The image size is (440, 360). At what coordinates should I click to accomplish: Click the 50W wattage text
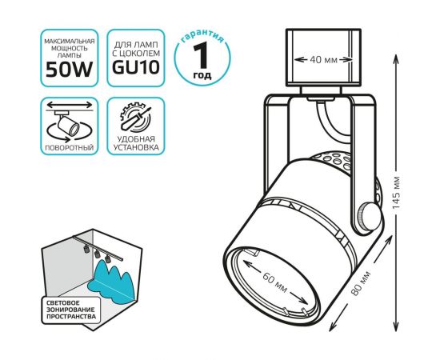(x=69, y=69)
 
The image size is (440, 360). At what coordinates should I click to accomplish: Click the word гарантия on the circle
(x=202, y=37)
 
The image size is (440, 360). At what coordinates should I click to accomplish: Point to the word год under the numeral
(x=202, y=75)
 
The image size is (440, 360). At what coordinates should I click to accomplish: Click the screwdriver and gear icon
(x=136, y=118)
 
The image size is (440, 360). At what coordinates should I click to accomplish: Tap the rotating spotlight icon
(x=70, y=123)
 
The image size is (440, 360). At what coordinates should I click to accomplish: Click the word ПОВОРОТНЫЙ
(x=70, y=147)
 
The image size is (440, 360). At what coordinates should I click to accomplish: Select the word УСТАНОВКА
(x=136, y=147)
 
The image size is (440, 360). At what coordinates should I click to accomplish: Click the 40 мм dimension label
(x=323, y=59)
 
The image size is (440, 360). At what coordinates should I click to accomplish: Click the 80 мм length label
(x=361, y=282)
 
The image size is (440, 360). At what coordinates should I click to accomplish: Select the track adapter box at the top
(x=323, y=58)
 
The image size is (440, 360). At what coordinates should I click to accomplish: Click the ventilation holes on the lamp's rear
(x=336, y=161)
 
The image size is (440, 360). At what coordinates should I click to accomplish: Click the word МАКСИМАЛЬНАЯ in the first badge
(x=69, y=42)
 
